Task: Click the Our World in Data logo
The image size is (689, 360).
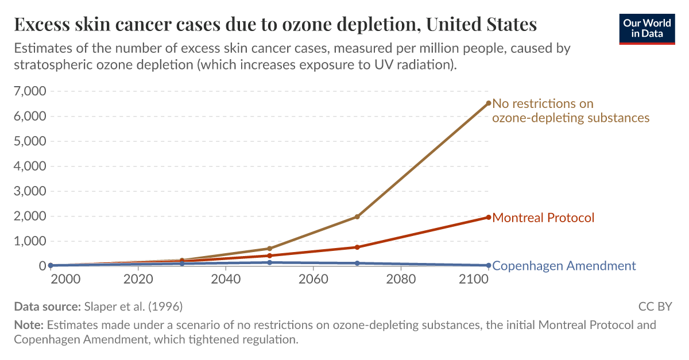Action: (x=647, y=28)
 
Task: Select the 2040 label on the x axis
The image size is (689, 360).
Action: (x=226, y=279)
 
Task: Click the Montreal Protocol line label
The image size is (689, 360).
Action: (x=543, y=218)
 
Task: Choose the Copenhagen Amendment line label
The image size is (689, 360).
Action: (x=564, y=266)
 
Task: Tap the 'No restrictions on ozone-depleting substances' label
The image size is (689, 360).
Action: (x=571, y=110)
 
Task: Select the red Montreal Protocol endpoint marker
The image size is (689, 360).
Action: (x=489, y=217)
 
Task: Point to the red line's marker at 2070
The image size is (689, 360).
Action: (x=357, y=247)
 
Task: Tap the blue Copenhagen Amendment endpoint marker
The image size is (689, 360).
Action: (x=489, y=265)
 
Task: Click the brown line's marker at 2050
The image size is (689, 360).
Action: (x=269, y=249)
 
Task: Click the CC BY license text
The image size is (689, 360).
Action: (x=655, y=306)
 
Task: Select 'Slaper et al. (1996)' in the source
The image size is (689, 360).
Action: (x=134, y=306)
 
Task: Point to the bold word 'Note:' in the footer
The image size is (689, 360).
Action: (x=29, y=325)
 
